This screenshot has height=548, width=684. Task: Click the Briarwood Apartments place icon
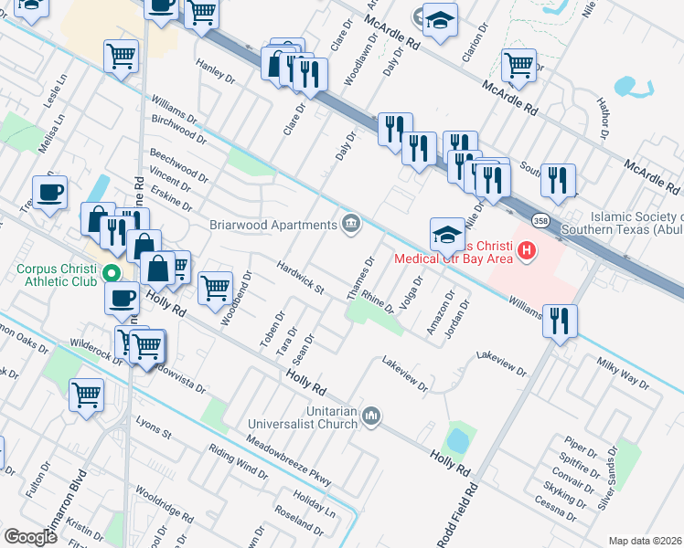pyautogui.click(x=350, y=225)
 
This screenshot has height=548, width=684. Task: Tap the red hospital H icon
pyautogui.click(x=526, y=249)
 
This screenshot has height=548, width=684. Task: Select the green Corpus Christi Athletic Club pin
pyautogui.click(x=112, y=272)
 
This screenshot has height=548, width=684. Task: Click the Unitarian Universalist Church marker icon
pyautogui.click(x=370, y=416)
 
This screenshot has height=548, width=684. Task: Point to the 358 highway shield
pyautogui.click(x=540, y=221)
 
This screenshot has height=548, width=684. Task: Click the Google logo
pyautogui.click(x=31, y=536)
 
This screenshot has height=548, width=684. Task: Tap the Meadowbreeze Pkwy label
pyautogui.click(x=294, y=464)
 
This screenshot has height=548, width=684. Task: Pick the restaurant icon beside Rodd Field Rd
pyautogui.click(x=560, y=321)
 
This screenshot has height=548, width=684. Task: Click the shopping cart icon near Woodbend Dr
pyautogui.click(x=215, y=286)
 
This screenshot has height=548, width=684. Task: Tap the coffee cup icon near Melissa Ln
pyautogui.click(x=49, y=192)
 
